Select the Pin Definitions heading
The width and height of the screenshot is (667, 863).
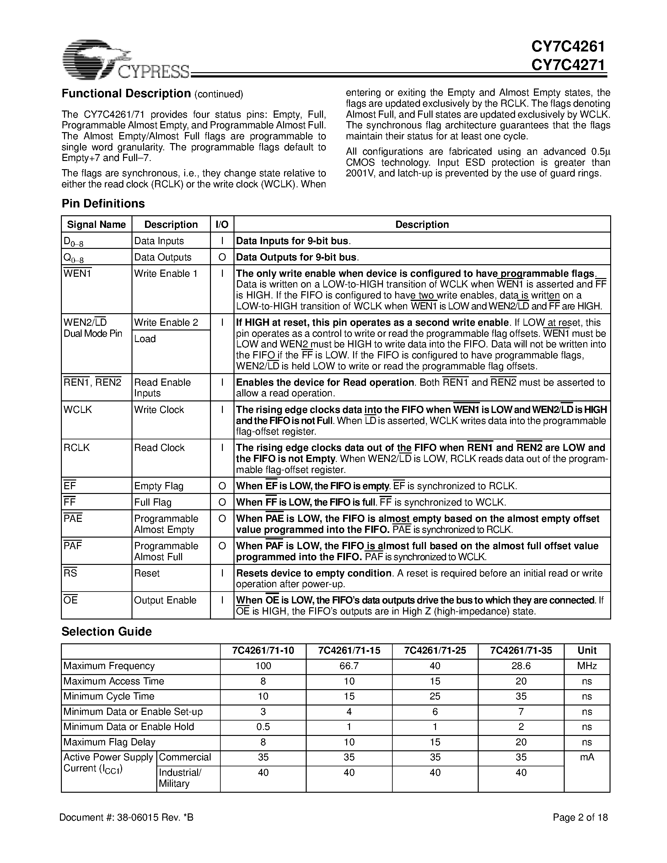coord(103,203)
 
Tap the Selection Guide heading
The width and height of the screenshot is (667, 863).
coord(106,631)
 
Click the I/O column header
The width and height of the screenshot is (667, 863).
coord(222,224)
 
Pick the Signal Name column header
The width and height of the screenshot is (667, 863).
coord(96,224)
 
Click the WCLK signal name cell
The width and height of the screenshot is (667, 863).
coord(78,410)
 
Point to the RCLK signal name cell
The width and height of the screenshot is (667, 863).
coord(77,448)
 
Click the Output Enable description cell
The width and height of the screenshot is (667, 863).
coord(165,600)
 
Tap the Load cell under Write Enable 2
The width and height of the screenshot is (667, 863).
coord(145,339)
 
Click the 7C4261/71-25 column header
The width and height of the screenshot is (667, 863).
coord(435,651)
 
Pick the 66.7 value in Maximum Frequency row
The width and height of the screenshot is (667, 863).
coord(349,666)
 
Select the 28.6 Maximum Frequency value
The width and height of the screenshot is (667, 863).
coord(521,666)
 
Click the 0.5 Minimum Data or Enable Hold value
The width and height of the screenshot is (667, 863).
coord(263,727)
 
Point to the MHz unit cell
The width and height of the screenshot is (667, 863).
coord(587,666)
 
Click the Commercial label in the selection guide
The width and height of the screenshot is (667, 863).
coord(185,757)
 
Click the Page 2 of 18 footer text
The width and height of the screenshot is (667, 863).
coord(580,817)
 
